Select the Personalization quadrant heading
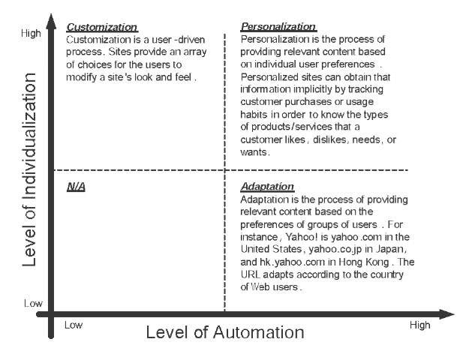[x=278, y=27]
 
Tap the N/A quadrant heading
[x=76, y=186]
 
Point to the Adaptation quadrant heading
[x=267, y=186]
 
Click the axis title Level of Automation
[x=225, y=331]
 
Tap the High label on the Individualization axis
[x=32, y=33]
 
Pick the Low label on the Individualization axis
[x=33, y=303]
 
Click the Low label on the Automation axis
[x=73, y=325]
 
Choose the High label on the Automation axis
[x=419, y=325]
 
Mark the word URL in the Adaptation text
[x=251, y=276]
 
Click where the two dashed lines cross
[x=224, y=169]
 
